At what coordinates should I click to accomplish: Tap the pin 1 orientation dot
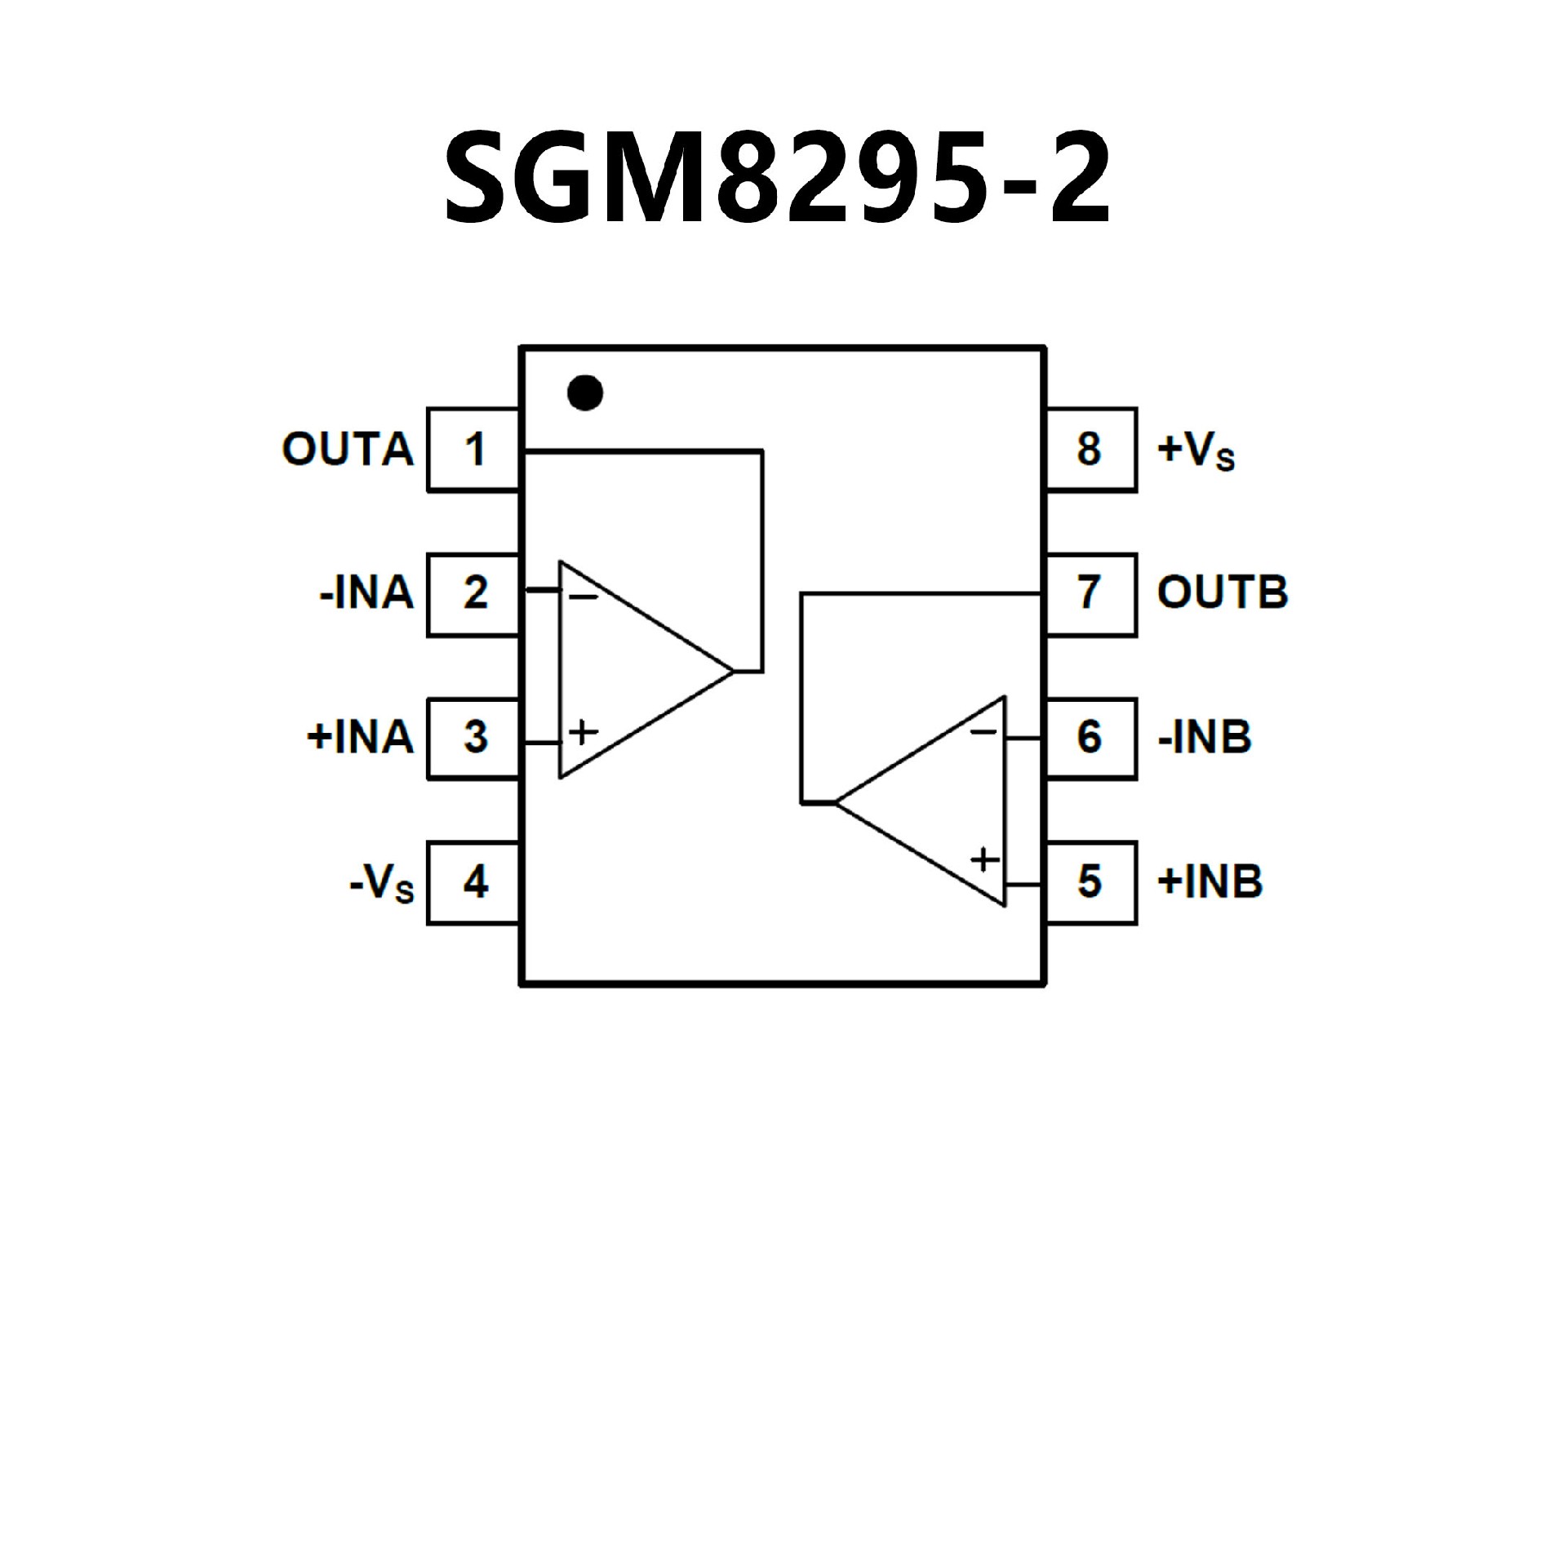[585, 393]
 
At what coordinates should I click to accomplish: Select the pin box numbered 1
[474, 450]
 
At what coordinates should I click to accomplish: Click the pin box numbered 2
[474, 593]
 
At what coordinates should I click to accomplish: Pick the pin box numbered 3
[474, 738]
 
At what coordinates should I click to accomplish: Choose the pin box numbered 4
[474, 882]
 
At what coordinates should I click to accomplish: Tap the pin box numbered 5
[1090, 882]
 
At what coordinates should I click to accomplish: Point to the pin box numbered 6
[1090, 738]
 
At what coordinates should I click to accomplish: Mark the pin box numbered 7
[1090, 593]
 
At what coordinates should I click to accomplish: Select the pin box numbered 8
[1090, 450]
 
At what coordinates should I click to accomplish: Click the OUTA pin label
[348, 450]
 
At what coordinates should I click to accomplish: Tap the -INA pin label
[366, 593]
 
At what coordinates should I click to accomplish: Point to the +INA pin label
[361, 738]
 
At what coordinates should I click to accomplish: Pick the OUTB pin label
[1222, 593]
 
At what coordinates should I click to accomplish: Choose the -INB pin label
[1204, 738]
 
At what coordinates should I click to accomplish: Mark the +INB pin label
[1210, 882]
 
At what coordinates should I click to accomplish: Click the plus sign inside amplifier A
[583, 731]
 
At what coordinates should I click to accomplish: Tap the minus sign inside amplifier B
[983, 732]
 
